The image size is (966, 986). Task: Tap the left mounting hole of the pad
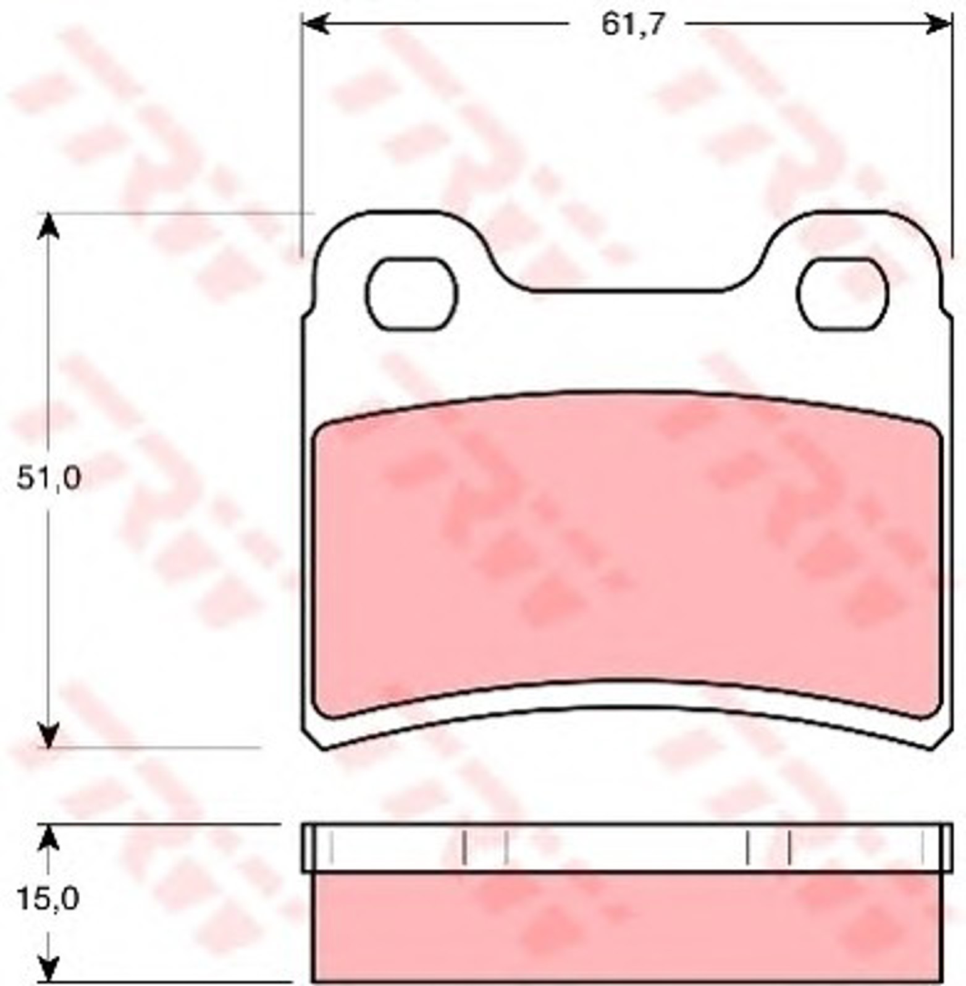[411, 293]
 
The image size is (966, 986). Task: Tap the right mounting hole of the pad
[842, 293]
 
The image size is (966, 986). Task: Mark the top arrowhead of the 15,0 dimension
[48, 838]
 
